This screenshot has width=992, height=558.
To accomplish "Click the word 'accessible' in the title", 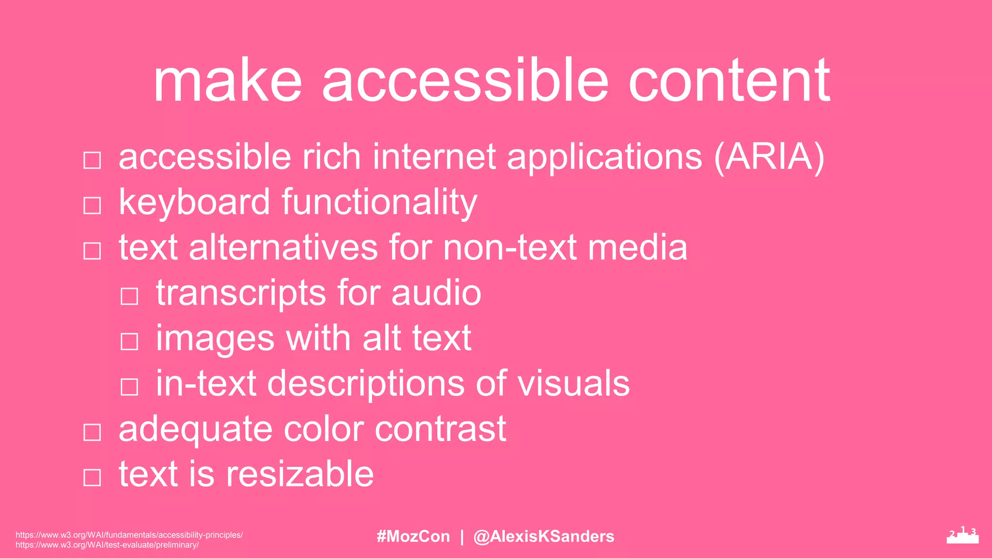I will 465,81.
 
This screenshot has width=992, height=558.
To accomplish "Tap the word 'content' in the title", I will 729,81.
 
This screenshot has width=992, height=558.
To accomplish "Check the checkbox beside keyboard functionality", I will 92,205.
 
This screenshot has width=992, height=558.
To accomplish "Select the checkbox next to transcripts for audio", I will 129,296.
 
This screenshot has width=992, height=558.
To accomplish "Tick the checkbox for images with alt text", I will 129,341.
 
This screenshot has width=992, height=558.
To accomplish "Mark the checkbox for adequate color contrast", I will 92,432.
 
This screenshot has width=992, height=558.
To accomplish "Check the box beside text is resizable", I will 92,477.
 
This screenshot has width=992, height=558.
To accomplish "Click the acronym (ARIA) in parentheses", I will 769,157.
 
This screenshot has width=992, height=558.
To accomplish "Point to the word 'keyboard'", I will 194,202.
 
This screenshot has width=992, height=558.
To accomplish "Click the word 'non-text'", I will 510,248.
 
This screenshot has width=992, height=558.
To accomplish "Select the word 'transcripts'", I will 241,294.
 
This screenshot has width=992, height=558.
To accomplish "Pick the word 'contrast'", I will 440,429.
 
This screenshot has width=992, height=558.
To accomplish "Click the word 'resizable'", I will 300,474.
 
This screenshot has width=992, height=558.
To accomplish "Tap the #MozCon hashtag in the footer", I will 413,536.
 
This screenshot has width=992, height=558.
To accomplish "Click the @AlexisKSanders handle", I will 543,536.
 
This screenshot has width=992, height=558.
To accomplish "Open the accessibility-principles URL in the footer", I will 129,535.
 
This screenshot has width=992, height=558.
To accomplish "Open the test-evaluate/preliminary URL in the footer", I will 107,545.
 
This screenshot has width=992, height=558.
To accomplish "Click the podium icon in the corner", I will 962,535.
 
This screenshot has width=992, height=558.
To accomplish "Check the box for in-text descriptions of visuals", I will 129,387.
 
